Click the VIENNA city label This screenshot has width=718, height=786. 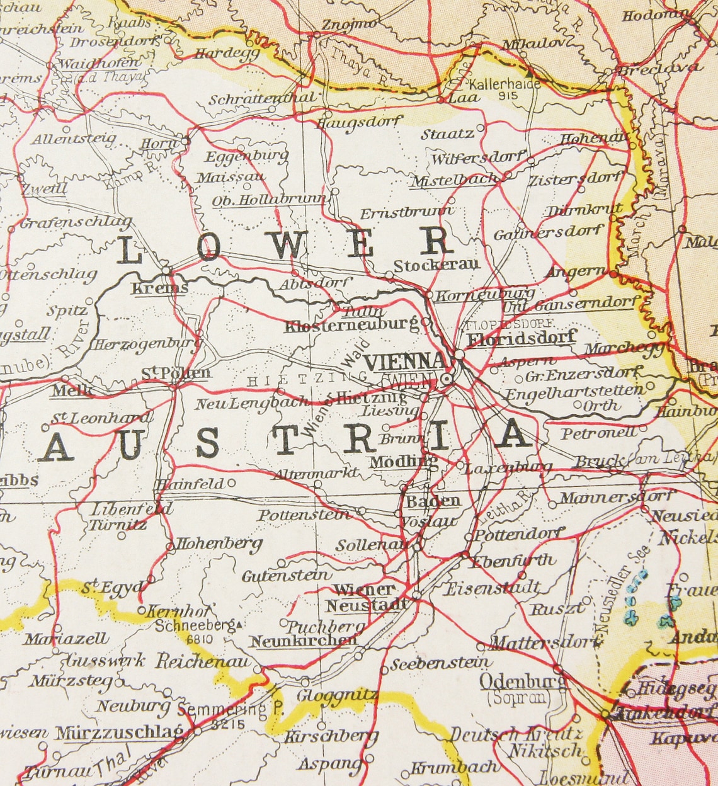pyautogui.click(x=405, y=362)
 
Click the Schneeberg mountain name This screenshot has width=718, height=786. pyautogui.click(x=195, y=626)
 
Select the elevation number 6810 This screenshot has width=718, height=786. pyautogui.click(x=200, y=639)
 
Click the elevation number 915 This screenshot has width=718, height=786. pyautogui.click(x=506, y=96)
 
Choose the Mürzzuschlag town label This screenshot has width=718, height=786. pyautogui.click(x=119, y=733)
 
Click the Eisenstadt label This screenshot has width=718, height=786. pyautogui.click(x=493, y=588)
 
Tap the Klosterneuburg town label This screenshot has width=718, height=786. pyautogui.click(x=351, y=326)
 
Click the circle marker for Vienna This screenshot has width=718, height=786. pyautogui.click(x=447, y=379)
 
